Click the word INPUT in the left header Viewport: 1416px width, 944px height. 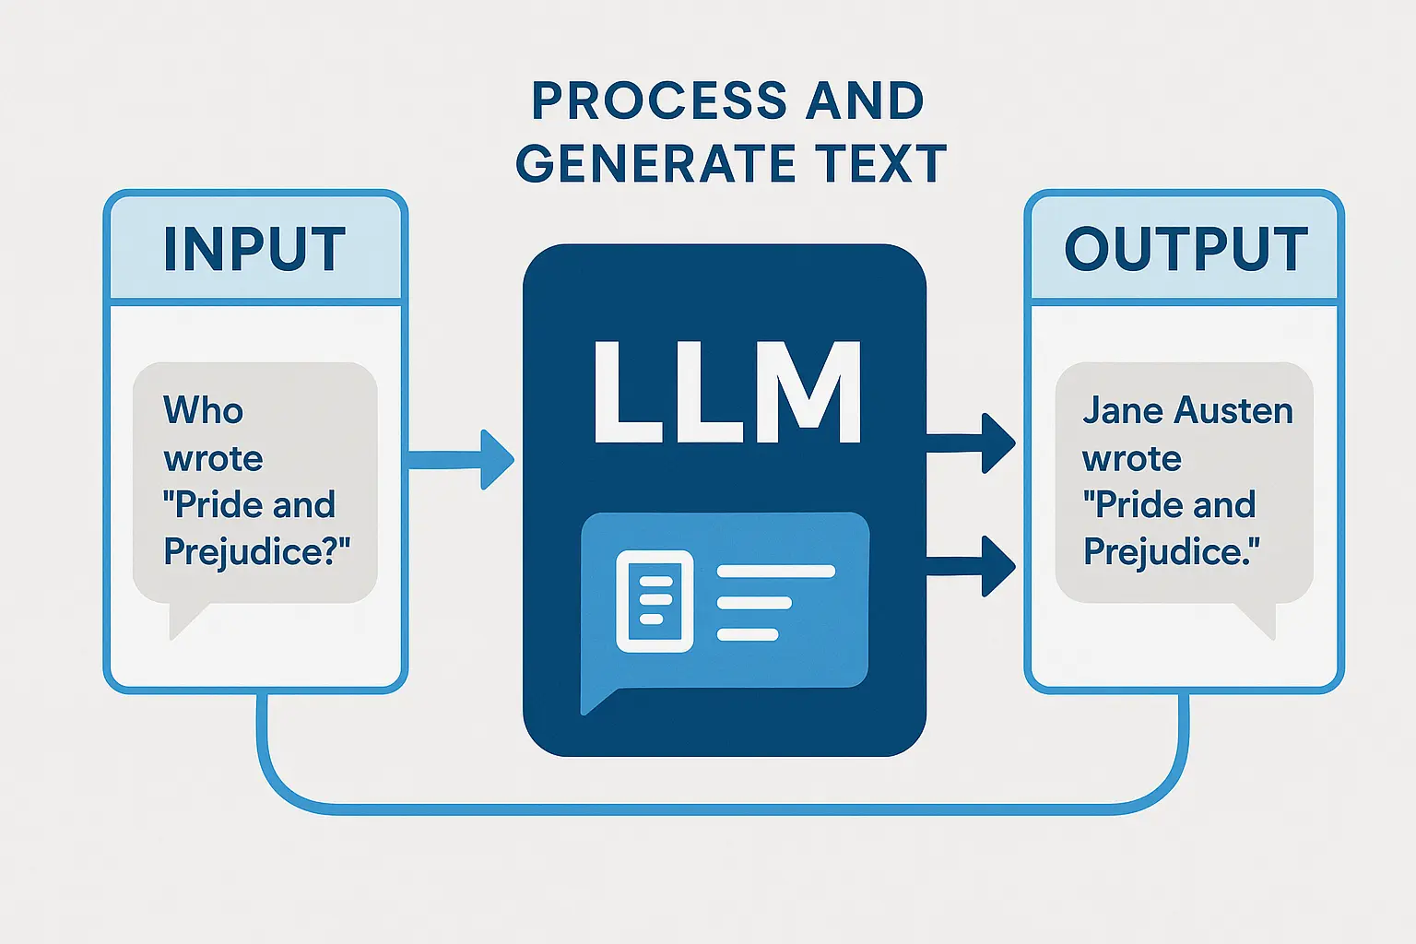point(254,249)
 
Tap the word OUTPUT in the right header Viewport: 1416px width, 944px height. point(1186,249)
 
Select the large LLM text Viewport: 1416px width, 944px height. point(726,394)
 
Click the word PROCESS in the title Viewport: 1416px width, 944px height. point(658,100)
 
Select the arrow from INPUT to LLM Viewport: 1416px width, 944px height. point(461,459)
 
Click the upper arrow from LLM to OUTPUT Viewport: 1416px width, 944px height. point(972,443)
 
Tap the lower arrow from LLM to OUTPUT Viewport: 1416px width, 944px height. point(972,566)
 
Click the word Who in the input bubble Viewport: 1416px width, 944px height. point(203,410)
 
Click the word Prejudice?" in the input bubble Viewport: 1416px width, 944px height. point(257,551)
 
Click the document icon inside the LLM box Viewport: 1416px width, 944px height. point(654,601)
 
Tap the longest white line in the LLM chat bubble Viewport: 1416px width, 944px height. point(775,572)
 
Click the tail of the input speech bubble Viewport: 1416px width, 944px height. point(185,620)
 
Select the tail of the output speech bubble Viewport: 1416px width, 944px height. point(1258,620)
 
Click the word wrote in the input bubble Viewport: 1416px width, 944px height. point(213,458)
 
